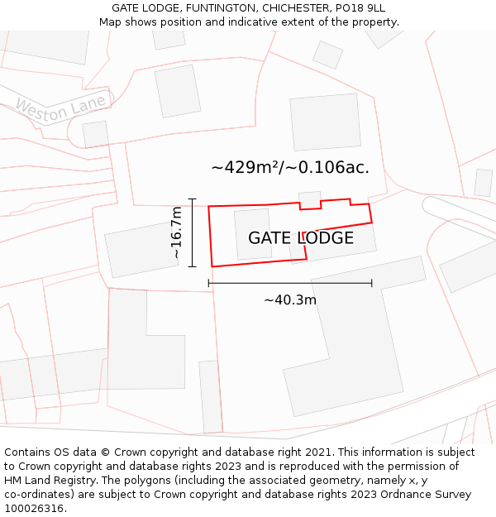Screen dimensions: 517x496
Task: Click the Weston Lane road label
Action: pyautogui.click(x=61, y=108)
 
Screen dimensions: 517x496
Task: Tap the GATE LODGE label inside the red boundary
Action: pyautogui.click(x=301, y=238)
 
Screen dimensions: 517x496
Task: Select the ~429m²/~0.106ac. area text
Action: pyautogui.click(x=290, y=167)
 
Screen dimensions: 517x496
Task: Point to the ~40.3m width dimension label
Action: pyautogui.click(x=290, y=300)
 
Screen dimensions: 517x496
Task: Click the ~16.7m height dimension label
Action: pyautogui.click(x=176, y=233)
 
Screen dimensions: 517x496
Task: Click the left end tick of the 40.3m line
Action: pyautogui.click(x=208, y=283)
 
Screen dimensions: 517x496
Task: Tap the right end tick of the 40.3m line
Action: pyautogui.click(x=372, y=283)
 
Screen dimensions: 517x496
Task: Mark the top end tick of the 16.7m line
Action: pyautogui.click(x=193, y=199)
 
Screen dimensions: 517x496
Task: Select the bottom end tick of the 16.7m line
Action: pyautogui.click(x=193, y=266)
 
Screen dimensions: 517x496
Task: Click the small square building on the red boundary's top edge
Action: pyautogui.click(x=309, y=200)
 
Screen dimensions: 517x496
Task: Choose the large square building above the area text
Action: pyautogui.click(x=325, y=122)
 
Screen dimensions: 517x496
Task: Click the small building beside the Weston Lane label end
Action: pyautogui.click(x=96, y=134)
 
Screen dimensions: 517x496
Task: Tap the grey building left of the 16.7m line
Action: pyautogui.click(x=141, y=249)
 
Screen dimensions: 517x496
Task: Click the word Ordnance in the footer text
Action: pyautogui.click(x=414, y=495)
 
